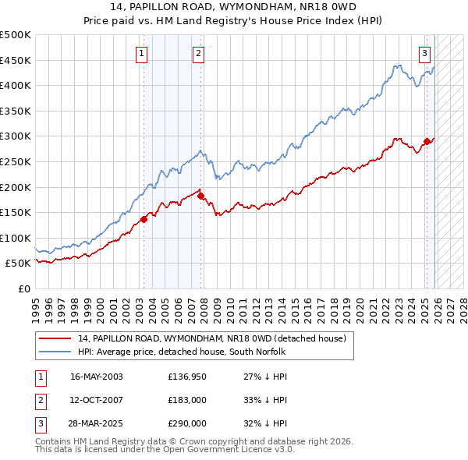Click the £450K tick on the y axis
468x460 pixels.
[16, 60]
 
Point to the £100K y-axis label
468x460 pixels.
[16, 238]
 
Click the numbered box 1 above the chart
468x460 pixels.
[142, 54]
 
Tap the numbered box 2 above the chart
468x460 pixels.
[198, 54]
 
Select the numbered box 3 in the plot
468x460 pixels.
[424, 54]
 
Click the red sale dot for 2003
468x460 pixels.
[144, 219]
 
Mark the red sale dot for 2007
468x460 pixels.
[200, 196]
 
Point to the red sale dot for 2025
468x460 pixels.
[427, 142]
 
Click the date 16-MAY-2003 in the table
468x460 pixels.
[97, 377]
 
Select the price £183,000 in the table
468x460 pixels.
[187, 400]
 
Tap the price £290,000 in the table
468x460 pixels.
[187, 423]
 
